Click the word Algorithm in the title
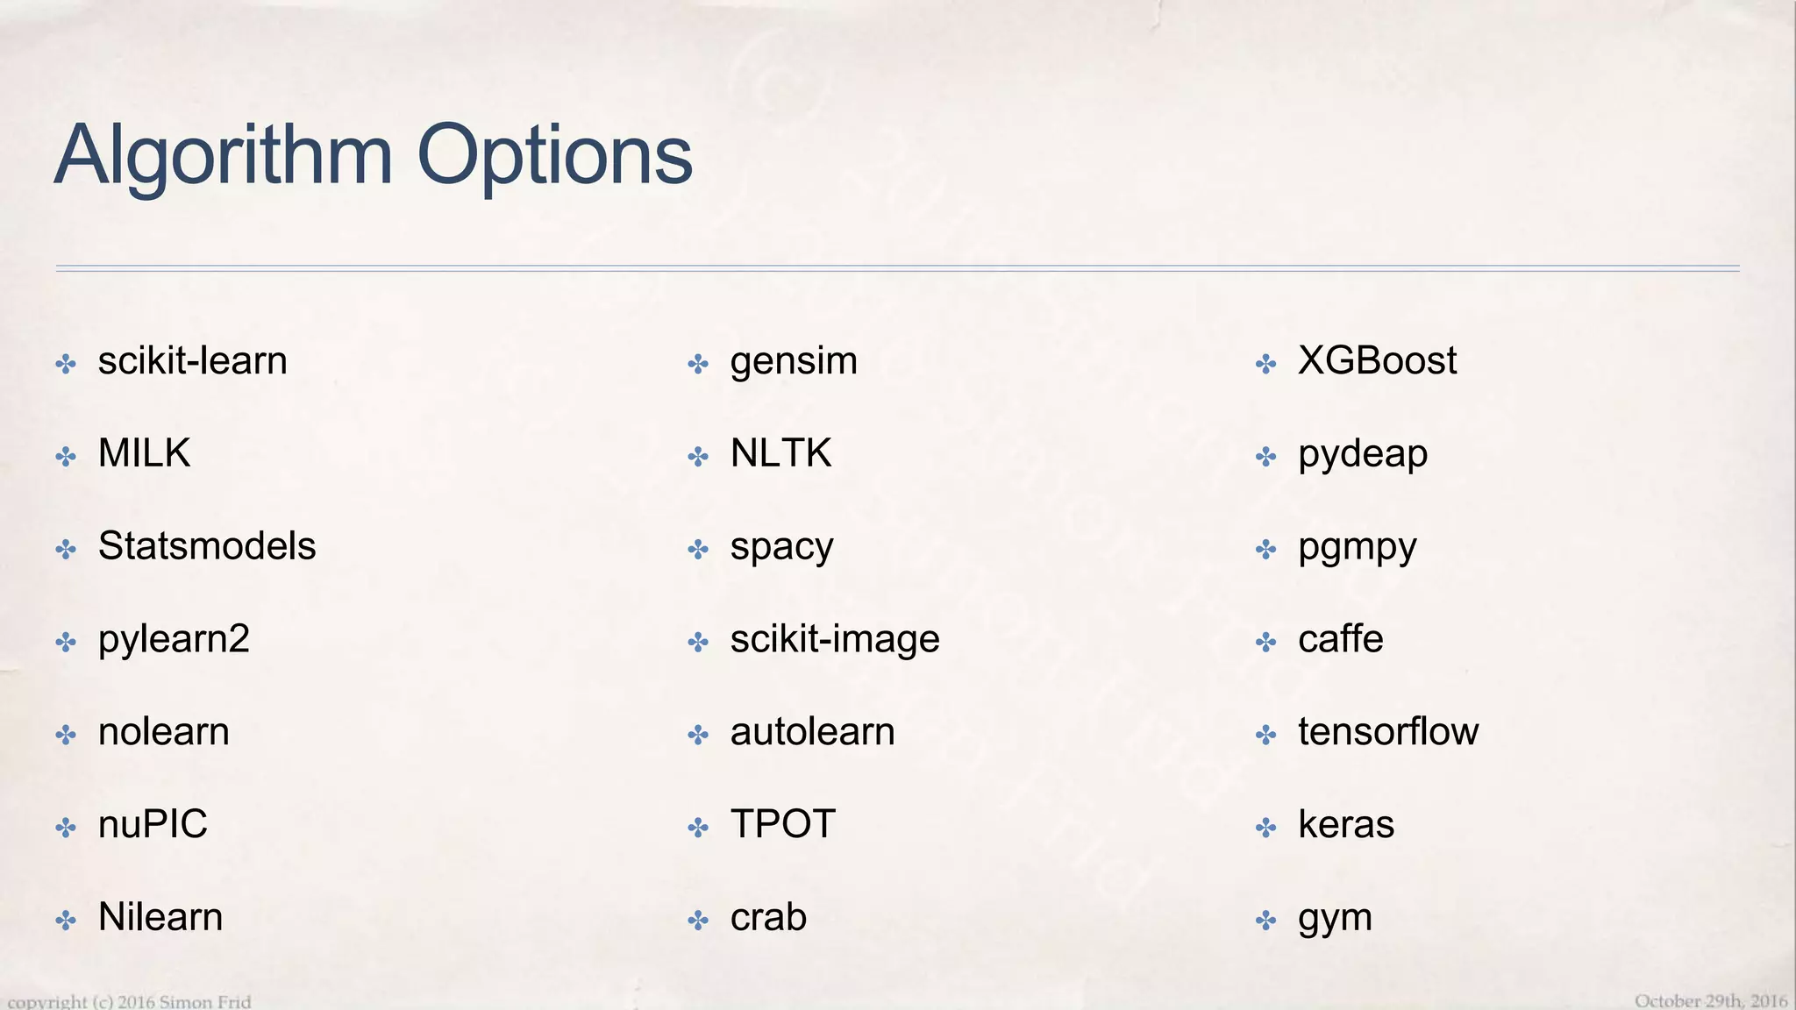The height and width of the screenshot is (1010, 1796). point(223,156)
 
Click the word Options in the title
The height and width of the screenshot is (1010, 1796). point(554,156)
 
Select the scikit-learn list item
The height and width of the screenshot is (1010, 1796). point(192,361)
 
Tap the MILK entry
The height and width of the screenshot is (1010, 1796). point(144,453)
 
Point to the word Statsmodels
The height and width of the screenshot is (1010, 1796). point(207,546)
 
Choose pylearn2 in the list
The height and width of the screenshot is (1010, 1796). point(174,639)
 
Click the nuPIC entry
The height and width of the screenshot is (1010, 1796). point(153,824)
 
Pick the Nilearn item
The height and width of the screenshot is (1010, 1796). point(160,917)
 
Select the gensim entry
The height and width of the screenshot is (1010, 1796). point(794,361)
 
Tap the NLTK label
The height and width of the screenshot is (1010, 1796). point(780,453)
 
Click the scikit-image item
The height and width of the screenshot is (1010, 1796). point(835,639)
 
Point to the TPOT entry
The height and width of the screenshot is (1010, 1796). point(783,824)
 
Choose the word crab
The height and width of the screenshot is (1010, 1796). point(768,917)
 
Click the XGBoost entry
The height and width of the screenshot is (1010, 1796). point(1377,361)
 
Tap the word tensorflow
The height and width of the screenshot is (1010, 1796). point(1388,732)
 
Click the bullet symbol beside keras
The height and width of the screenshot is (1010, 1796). point(1265,827)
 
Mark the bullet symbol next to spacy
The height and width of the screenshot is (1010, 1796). point(698,550)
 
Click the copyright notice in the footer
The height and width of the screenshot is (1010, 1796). point(129,1001)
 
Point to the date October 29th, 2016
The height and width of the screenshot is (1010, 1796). point(1710,1000)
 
